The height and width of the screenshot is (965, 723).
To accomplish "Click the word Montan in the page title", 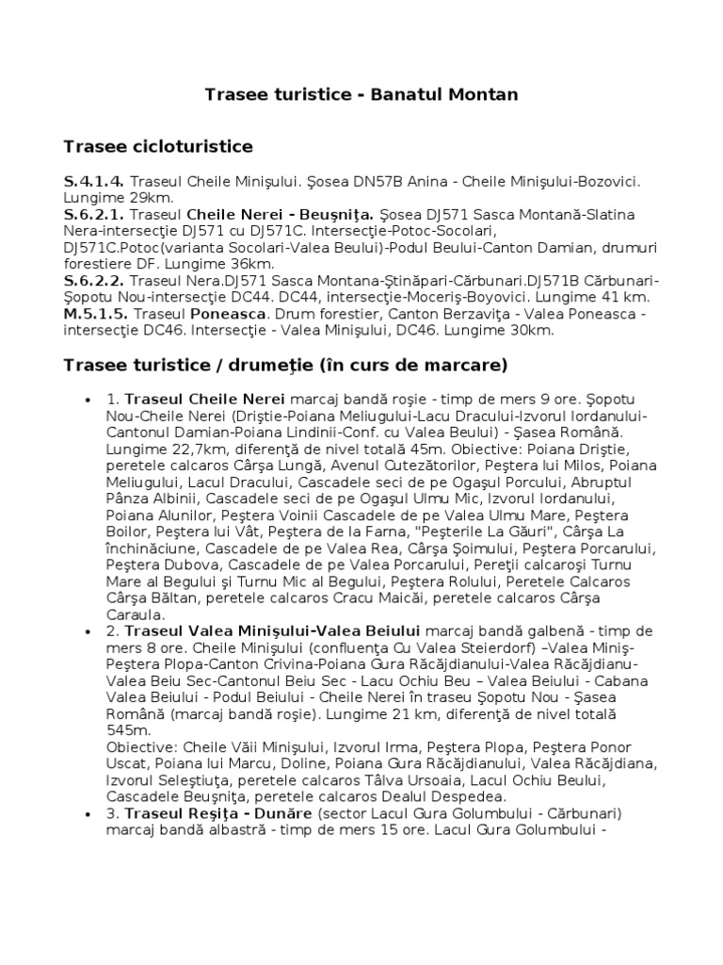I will pyautogui.click(x=483, y=95).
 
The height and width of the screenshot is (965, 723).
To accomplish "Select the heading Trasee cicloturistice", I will pyautogui.click(x=157, y=146).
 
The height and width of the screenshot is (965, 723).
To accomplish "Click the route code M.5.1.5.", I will pyautogui.click(x=96, y=313).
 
